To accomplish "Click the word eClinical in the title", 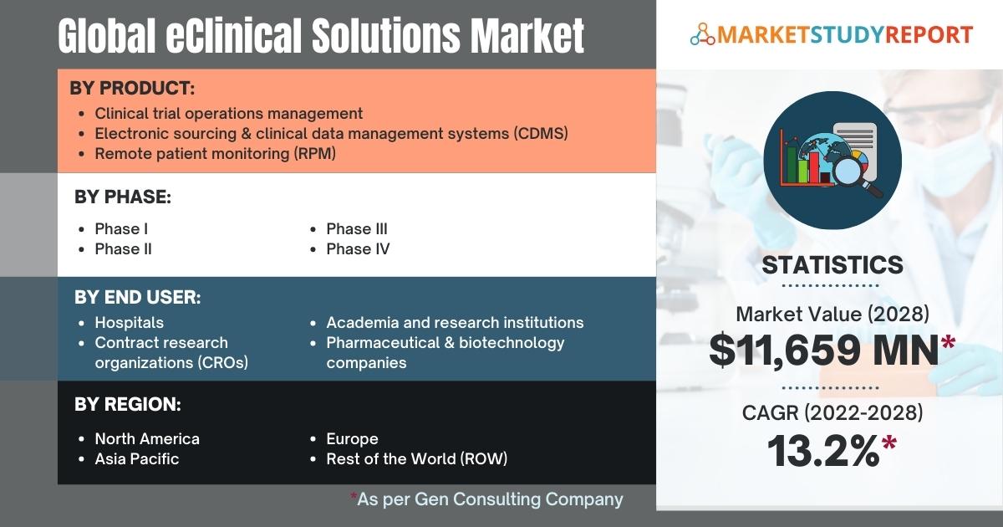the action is click(x=234, y=35).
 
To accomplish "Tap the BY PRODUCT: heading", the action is click(x=132, y=88).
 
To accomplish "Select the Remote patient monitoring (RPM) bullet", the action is click(x=216, y=154).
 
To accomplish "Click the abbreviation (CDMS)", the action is click(x=541, y=134).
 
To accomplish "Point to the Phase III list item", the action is click(x=357, y=229).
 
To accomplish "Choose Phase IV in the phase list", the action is click(x=358, y=249).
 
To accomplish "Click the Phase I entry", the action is click(x=121, y=229).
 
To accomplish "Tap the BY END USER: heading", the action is click(x=138, y=297).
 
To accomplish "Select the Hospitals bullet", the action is click(x=130, y=323).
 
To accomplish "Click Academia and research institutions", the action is click(x=455, y=323).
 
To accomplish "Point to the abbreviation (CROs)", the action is click(x=222, y=362).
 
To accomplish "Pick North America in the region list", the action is click(x=147, y=438).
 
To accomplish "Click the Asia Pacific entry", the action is click(x=137, y=459).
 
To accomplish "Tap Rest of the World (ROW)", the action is click(x=417, y=459).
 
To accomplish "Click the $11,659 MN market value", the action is click(x=824, y=350).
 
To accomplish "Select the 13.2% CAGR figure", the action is click(x=823, y=451).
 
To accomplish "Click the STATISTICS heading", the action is click(x=832, y=265).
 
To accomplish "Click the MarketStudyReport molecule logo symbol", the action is click(x=703, y=34).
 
